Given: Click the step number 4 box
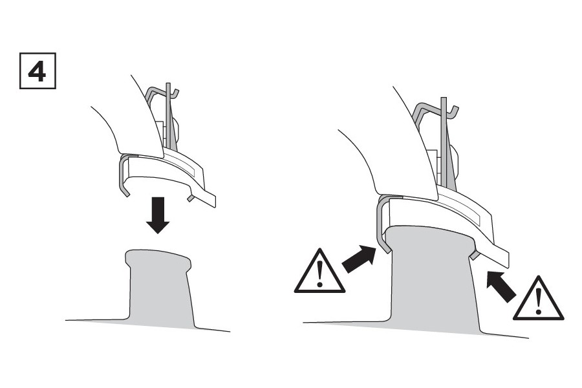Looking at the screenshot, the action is coord(38,71).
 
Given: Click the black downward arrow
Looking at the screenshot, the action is coord(158,215).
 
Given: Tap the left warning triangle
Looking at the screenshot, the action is coord(319,272).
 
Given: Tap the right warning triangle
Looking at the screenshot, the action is coord(538,299).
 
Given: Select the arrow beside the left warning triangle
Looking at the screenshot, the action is coord(358,259).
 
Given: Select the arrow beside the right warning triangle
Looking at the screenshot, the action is coord(501,286).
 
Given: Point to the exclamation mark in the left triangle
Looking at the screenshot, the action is coord(319,274).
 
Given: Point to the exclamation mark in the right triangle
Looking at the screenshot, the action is coord(539,301).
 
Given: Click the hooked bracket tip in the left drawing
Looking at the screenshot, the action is coord(175,93).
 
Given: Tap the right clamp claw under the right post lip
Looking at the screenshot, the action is coord(473,255).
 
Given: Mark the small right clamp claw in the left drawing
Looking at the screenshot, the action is coord(191,197).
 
